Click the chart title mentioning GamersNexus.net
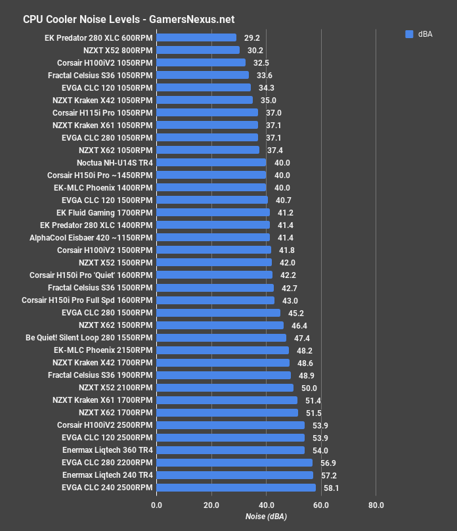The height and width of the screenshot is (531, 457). point(129,20)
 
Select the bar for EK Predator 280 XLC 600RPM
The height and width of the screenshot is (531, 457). point(196,37)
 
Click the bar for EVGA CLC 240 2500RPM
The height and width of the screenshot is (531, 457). point(236,488)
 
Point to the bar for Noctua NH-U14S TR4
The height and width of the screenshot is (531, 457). point(211,162)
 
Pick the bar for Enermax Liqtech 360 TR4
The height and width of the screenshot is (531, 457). point(230,450)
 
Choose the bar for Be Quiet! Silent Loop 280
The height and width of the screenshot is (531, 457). point(221,338)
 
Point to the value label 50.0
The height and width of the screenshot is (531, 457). point(309,388)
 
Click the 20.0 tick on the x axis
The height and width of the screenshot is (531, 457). point(211,505)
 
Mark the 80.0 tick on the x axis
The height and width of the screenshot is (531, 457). point(376,505)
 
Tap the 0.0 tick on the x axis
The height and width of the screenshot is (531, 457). point(156,505)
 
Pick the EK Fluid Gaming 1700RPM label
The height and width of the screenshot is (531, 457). point(104,213)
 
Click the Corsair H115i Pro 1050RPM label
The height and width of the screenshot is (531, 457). point(102,112)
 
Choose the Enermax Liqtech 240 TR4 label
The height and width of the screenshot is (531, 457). point(107,475)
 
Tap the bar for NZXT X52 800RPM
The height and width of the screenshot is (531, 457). point(198,50)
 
